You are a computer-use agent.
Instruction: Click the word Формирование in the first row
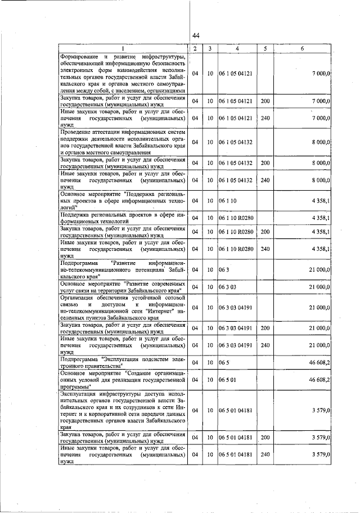point(80,57)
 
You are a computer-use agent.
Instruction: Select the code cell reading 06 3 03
point(228,287)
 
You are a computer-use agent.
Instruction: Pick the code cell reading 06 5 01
point(228,380)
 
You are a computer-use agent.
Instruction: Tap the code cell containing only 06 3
point(224,270)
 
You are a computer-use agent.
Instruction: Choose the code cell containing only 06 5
point(224,363)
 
